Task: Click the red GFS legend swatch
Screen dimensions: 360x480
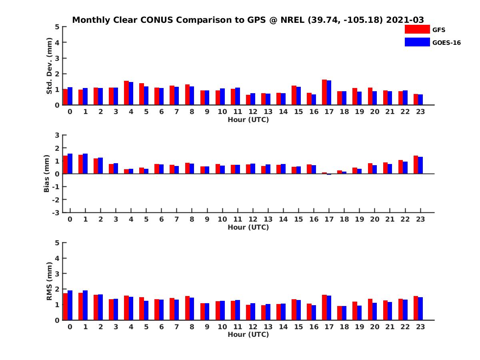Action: [x=417, y=29]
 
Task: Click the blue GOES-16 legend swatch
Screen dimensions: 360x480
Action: [x=417, y=42]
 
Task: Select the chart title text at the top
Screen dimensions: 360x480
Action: [x=248, y=20]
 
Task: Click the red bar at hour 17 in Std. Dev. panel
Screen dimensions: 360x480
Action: [x=324, y=92]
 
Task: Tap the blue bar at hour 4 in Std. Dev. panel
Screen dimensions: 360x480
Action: [x=131, y=94]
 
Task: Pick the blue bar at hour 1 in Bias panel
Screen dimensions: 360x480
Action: [x=85, y=164]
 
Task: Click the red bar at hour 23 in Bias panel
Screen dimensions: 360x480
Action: [x=416, y=165]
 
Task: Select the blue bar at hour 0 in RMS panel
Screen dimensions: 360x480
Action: [x=70, y=305]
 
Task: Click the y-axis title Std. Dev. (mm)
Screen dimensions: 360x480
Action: [x=49, y=66]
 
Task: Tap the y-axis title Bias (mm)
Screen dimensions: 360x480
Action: [x=47, y=174]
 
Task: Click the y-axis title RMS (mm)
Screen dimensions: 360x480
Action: [x=49, y=281]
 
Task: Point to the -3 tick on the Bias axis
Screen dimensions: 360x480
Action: [x=56, y=212]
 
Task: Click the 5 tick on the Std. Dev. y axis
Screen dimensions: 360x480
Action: [x=58, y=27]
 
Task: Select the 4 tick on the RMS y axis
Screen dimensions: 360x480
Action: [x=58, y=258]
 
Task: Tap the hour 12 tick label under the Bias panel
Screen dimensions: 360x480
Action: [x=252, y=219]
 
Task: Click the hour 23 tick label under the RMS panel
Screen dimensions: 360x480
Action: [x=420, y=326]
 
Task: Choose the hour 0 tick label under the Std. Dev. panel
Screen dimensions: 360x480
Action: [x=70, y=112]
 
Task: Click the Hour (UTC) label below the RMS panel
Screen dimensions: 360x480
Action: [x=248, y=334]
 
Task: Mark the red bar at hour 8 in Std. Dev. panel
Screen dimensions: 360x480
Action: [x=187, y=95]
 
